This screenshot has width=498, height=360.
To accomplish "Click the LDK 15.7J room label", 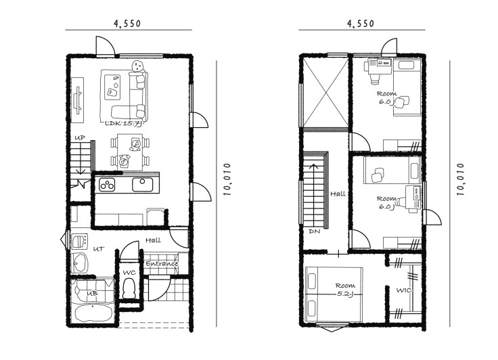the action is coord(123,124).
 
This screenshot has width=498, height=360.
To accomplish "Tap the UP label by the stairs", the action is coord(80,138).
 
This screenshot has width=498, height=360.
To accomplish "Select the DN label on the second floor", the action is coord(315,231).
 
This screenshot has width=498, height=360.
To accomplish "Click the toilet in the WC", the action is coord(129,288).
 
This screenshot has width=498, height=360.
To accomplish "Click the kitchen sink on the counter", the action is coord(143,184).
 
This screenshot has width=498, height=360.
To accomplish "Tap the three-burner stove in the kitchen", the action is coord(107,185).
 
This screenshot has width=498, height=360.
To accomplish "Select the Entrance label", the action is coord(162,264).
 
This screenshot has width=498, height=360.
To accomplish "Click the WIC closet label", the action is coord(404,290).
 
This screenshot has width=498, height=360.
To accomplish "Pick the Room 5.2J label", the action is coord(345,290).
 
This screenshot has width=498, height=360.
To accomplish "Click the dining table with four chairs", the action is coord(130,152).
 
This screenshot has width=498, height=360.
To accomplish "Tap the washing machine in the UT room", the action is coord(79,242).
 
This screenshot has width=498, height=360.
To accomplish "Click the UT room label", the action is coord(99,249).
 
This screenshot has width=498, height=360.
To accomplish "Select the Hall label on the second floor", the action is coord(338,194).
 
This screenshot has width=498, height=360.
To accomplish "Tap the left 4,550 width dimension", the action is coord(127,24).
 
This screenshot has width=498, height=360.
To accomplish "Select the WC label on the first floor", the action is coord(129,273).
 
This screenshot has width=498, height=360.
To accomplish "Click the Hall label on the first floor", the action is coord(153,240).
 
